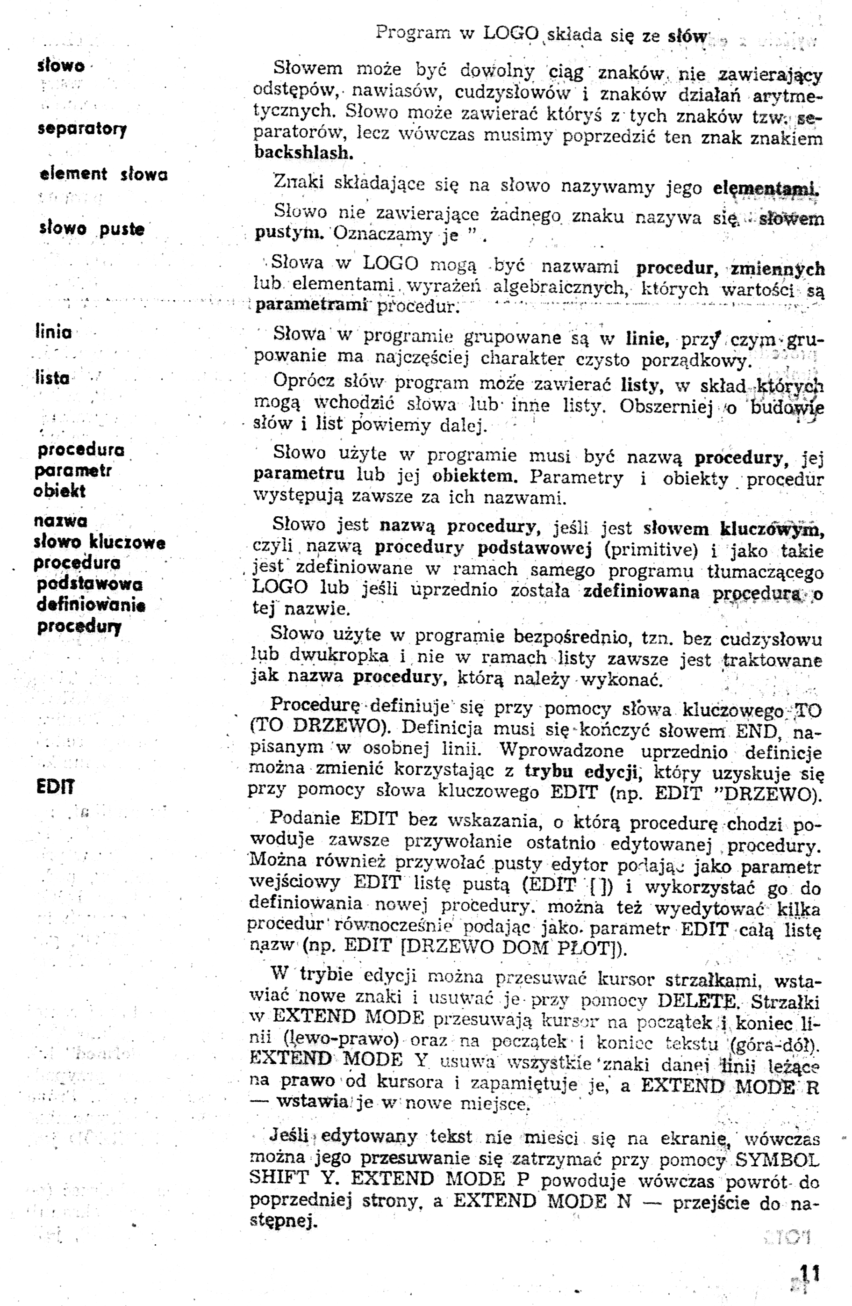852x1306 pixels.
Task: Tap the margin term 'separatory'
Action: tap(82, 129)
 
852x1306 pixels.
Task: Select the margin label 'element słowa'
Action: tap(104, 174)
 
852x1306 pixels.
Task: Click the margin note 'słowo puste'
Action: tap(92, 228)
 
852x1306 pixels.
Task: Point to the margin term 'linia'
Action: tap(53, 332)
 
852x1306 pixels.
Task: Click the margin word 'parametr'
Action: tap(73, 471)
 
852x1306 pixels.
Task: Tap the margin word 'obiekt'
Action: tap(60, 491)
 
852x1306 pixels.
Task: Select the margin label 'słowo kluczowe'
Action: tap(99, 542)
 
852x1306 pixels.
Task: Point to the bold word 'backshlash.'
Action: tap(304, 152)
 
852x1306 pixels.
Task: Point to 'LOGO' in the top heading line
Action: tap(511, 34)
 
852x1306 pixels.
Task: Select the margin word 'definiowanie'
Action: tap(91, 605)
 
